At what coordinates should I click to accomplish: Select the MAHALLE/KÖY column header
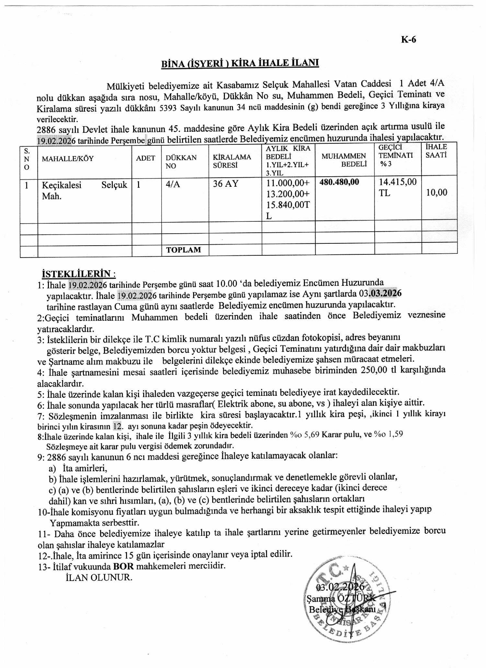tap(68, 159)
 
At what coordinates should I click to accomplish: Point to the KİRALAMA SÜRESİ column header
tap(232, 161)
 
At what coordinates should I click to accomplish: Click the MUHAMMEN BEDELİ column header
tap(344, 160)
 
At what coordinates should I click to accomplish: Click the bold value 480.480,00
tap(339, 182)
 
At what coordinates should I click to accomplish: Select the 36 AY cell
tap(226, 184)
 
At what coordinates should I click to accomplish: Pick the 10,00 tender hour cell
tap(436, 193)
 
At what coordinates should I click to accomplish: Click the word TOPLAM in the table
tap(183, 250)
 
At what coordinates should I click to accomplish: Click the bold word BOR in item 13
tap(123, 566)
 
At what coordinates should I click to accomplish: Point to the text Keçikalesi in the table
tap(62, 185)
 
